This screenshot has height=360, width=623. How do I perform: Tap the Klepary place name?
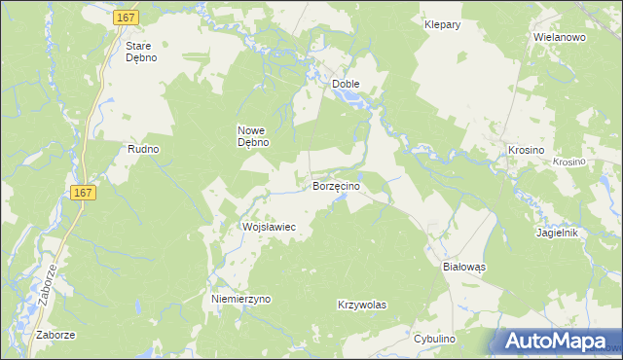pos(442,24)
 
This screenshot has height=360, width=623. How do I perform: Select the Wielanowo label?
pos(558,37)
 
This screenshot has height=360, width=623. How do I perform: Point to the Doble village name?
pos(346,84)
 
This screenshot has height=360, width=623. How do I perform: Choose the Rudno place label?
pos(143,149)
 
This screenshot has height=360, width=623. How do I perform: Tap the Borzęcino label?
pos(336,185)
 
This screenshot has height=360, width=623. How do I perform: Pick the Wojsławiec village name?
pos(269,226)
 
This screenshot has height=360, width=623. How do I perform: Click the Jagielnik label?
pos(558,234)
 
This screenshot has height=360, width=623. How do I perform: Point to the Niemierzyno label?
pos(241,300)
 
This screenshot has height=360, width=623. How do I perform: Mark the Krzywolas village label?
pos(362,305)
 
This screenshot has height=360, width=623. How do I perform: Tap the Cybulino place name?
pos(434,338)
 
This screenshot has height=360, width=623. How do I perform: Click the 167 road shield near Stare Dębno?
pos(126,18)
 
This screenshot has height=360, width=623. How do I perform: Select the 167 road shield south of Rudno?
pos(84,194)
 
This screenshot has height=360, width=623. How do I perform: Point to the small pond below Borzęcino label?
pos(340,200)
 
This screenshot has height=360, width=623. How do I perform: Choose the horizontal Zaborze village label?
pos(55,335)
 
